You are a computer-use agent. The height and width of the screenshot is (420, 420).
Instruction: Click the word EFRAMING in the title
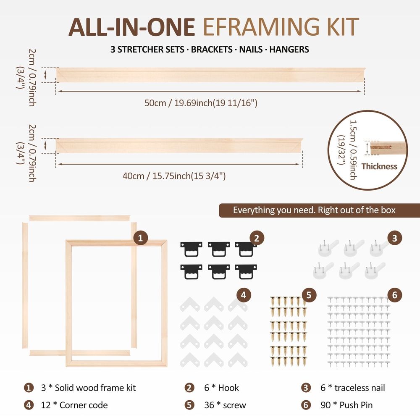coord(261,27)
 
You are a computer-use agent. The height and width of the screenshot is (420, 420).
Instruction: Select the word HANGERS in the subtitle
coord(289,50)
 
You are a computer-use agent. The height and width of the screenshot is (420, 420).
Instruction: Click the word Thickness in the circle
coord(379,166)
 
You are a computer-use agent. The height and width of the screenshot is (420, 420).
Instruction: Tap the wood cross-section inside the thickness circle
coord(387,148)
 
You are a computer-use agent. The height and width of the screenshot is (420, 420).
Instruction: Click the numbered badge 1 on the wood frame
coord(141,238)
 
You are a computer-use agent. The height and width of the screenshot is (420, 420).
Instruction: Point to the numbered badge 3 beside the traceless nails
coord(394,238)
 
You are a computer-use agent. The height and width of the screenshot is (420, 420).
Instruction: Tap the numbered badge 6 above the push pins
coord(394,295)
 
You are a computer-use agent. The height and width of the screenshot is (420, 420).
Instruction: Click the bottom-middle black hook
coord(219,272)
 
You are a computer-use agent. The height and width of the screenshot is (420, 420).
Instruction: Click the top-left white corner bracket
coord(190,304)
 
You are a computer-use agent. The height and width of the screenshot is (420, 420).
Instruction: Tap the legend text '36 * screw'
coord(225,405)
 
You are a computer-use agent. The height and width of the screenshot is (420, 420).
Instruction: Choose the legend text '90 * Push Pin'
coord(346,405)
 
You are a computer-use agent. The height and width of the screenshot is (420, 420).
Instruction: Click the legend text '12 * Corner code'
coord(74,405)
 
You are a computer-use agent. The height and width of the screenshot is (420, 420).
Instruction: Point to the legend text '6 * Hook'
coord(221,388)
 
